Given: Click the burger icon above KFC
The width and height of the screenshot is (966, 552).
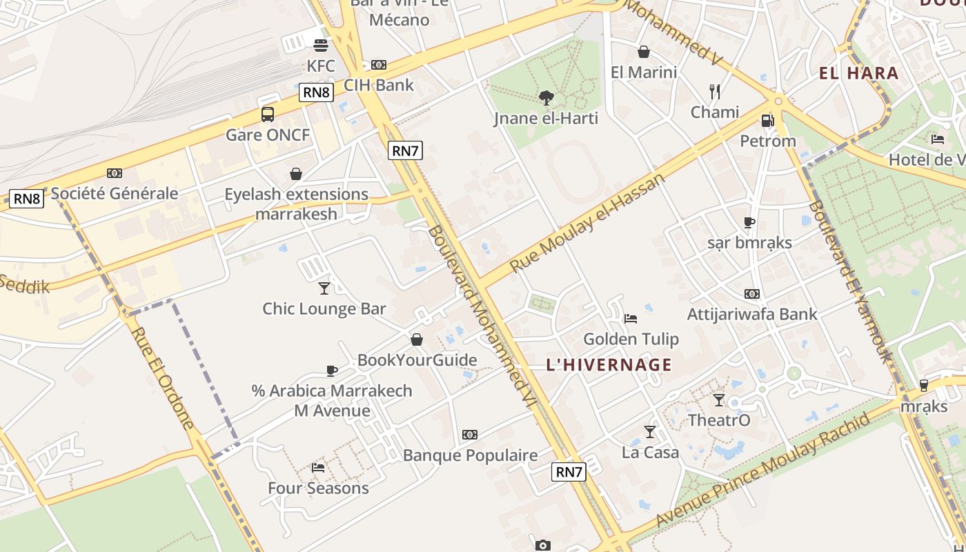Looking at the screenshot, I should [320, 46].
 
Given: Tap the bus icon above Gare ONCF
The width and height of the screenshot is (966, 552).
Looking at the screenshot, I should [268, 115].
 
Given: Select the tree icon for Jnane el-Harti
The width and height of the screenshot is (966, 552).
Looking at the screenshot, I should [546, 98].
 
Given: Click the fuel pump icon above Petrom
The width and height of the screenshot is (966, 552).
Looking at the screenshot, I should [767, 121].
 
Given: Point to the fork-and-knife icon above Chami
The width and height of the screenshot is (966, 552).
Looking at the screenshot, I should [715, 91].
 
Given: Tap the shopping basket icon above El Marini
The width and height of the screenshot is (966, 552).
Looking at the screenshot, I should [644, 52].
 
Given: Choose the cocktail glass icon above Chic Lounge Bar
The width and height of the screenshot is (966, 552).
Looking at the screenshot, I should [324, 288].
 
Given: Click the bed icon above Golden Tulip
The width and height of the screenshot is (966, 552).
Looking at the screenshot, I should [631, 319].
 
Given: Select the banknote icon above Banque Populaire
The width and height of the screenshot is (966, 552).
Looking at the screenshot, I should [470, 435].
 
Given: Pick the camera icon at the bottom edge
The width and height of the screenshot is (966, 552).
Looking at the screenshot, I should [543, 545].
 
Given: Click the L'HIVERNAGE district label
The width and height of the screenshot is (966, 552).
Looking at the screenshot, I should [609, 364].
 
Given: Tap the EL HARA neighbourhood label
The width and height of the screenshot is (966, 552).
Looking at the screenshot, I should [858, 73].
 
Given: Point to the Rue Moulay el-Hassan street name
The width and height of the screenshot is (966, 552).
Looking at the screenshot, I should [588, 222].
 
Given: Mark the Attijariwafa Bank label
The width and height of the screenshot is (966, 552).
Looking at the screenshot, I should [752, 314].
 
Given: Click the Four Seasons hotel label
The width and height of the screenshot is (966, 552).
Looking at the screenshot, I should [318, 488].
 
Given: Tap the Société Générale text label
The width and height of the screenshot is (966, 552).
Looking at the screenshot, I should [115, 193].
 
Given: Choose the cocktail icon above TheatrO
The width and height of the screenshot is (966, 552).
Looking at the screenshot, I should [719, 400].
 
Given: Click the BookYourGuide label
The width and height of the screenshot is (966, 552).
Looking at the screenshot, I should [417, 359].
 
